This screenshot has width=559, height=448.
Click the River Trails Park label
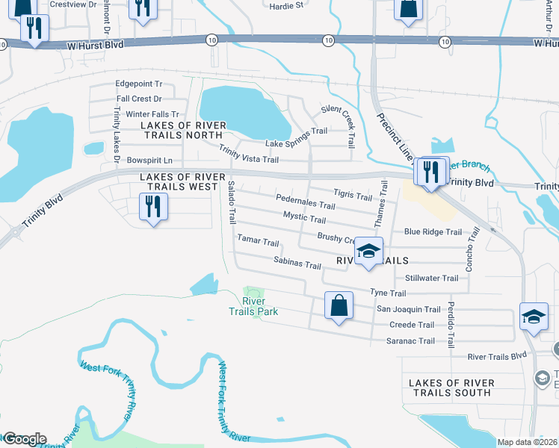click(x=254, y=305)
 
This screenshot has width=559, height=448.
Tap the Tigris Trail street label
click(x=353, y=196)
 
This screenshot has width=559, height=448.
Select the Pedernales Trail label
click(x=306, y=204)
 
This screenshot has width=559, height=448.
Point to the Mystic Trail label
click(x=304, y=220)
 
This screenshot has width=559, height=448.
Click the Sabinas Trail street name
click(x=297, y=265)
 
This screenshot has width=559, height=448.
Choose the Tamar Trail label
click(x=258, y=243)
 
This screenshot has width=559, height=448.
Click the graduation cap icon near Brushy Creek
click(x=368, y=252)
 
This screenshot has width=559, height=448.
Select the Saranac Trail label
click(x=410, y=340)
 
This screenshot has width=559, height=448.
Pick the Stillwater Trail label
click(x=431, y=278)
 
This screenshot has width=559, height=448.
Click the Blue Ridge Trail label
click(x=433, y=231)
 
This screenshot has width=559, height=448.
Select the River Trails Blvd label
click(x=497, y=356)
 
